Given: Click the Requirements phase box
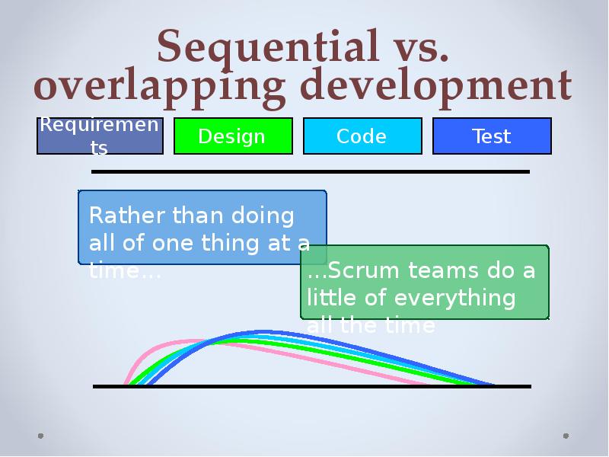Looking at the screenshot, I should [x=100, y=136].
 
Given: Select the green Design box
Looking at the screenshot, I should [x=232, y=136].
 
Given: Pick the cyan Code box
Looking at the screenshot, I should [x=362, y=136].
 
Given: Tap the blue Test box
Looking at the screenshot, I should [x=491, y=136].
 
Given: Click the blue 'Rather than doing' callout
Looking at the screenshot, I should [x=202, y=227].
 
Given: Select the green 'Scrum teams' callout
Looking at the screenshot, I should [x=425, y=282].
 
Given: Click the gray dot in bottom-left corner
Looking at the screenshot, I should [x=41, y=436].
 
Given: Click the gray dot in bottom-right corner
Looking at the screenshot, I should [x=566, y=436].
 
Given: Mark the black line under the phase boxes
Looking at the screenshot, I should [x=310, y=172].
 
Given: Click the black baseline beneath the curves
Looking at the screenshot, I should [x=311, y=387].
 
